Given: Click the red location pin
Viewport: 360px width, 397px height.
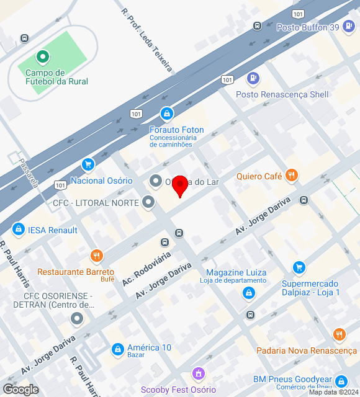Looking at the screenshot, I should tap(180, 185).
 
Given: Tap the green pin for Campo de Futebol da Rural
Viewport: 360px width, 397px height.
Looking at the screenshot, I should tap(43, 58).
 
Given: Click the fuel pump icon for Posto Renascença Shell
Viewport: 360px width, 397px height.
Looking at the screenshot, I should tap(253, 79).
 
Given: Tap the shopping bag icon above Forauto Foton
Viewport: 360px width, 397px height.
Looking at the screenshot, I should tap(166, 114).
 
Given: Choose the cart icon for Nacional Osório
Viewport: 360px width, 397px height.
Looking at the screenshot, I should tap(88, 164).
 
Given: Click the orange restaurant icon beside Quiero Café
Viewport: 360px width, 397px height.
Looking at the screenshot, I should tap(292, 176).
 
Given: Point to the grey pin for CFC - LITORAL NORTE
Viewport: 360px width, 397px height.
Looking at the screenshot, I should tap(148, 202).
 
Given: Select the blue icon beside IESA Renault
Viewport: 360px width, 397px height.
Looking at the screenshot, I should tap(18, 230).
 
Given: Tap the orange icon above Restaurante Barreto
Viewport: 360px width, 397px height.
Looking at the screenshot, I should tap(96, 256).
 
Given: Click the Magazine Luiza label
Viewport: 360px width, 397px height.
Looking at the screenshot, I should tap(236, 273).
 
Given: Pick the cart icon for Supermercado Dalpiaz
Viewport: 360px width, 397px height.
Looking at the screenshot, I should tap(299, 267).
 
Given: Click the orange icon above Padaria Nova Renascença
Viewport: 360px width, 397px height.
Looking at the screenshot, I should tap(339, 335).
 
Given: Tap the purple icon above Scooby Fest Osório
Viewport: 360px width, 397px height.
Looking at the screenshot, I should tap(199, 374).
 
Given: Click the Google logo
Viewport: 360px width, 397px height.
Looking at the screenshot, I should tap(20, 389).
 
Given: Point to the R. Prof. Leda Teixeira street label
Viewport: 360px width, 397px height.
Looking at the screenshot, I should tap(146, 41).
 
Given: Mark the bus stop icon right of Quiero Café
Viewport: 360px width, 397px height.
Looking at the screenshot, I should tap(304, 200).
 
